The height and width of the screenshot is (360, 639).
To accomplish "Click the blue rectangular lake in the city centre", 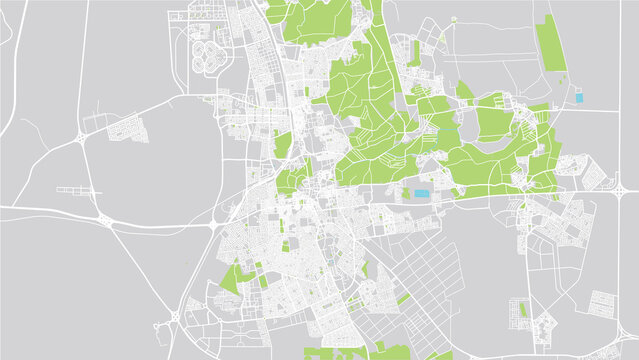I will click(421, 193).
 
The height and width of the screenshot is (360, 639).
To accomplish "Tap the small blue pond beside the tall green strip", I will click(577, 98).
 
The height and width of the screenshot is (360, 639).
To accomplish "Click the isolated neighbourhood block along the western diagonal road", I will click(124, 128).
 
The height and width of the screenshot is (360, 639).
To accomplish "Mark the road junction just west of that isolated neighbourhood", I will click(80, 136).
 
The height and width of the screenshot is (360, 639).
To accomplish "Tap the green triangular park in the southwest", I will click(231, 277).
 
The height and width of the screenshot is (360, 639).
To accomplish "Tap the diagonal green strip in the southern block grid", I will click(403, 297).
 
